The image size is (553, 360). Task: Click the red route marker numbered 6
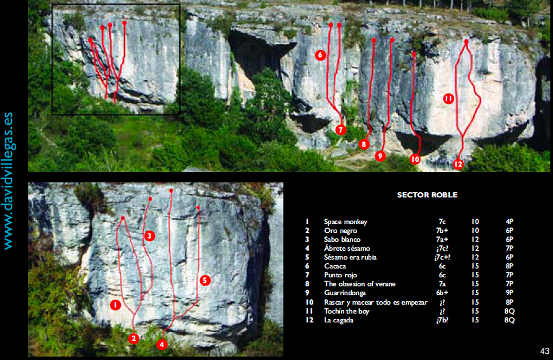tap(320, 55)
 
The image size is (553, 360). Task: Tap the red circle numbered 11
tap(449, 99)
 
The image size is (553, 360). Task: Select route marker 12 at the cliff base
tap(458, 164)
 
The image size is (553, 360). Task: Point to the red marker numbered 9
tap(380, 156)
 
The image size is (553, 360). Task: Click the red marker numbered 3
tap(150, 236)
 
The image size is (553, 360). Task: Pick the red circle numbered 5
tap(205, 280)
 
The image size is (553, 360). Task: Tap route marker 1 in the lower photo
tap(115, 305)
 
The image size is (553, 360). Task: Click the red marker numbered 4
tap(162, 344)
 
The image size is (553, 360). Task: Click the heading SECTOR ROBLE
tap(427, 195)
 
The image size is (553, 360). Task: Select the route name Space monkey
tap(346, 222)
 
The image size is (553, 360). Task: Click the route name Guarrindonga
tap(345, 293)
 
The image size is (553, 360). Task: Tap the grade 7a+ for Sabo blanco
tap(442, 239)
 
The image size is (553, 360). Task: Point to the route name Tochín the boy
tap(347, 311)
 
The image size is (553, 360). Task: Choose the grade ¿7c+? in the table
tap(442, 257)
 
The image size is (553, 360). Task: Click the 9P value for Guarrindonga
tap(509, 293)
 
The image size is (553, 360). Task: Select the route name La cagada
tap(339, 321)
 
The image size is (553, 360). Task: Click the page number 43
tap(545, 351)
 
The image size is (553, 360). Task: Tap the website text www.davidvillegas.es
tap(8, 181)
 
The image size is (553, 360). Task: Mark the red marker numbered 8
tap(364, 144)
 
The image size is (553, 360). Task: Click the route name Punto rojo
tap(340, 275)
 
